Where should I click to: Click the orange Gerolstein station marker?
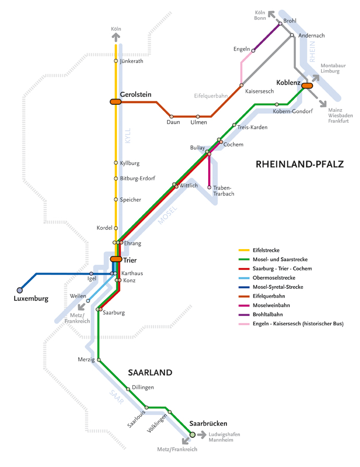click(115, 102)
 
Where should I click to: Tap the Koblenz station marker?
click(306, 85)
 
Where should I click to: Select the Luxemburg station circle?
click(20, 290)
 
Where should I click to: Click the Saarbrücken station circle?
click(193, 434)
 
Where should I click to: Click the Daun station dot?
click(171, 117)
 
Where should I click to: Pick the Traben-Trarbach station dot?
click(209, 188)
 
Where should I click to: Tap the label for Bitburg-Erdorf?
click(137, 178)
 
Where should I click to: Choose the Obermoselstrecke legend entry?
click(273, 278)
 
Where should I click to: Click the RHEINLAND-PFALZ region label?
click(299, 164)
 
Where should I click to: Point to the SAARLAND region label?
click(150, 373)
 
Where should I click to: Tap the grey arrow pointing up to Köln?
click(116, 36)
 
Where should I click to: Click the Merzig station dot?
click(99, 360)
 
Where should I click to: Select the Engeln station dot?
click(254, 51)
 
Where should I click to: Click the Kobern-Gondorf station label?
click(293, 112)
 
